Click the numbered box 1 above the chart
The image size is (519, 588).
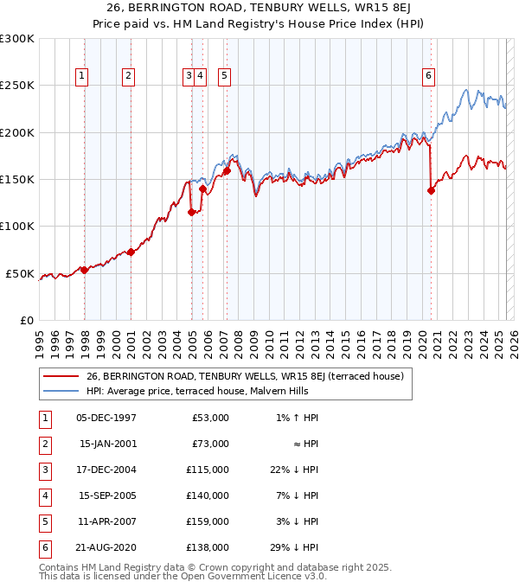[x=81, y=76]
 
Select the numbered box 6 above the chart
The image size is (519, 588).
[x=428, y=76]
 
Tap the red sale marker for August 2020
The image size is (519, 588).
[x=431, y=191]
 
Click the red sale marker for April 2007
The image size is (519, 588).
[x=226, y=171]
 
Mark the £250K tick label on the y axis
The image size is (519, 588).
[x=17, y=86]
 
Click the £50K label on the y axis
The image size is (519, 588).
[x=21, y=273]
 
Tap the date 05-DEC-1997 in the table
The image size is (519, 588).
[x=106, y=418]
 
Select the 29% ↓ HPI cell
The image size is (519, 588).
[x=301, y=547]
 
